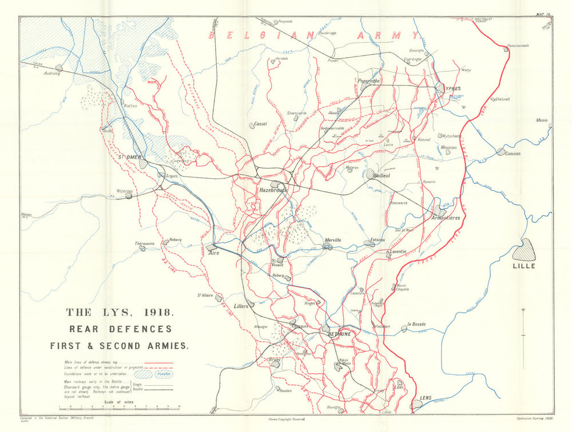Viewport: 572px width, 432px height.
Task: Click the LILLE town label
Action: pos(525,266)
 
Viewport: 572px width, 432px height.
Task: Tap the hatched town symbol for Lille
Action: pos(524,250)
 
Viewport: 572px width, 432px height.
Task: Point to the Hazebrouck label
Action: pos(272,190)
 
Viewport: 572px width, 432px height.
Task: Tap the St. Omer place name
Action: pos(129,157)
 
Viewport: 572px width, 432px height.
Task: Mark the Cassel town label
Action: pos(260,124)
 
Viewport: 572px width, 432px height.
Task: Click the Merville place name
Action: pos(332,240)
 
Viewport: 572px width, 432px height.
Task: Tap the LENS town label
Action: pos(425,397)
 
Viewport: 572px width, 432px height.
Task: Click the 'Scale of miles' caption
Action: pos(118,402)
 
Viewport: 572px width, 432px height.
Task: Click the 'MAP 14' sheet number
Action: pos(543,14)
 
